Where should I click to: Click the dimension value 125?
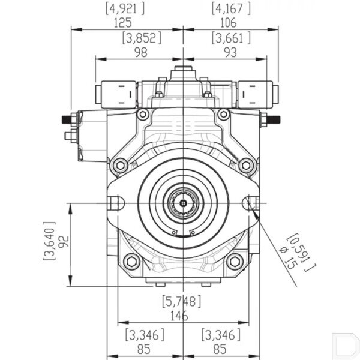click(x=123, y=23)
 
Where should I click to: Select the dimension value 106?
click(x=229, y=23)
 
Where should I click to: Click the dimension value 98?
click(x=141, y=53)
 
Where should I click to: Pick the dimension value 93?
click(x=230, y=53)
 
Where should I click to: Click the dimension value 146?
click(x=179, y=316)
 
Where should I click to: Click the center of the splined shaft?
click(x=183, y=203)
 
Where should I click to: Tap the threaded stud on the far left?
click(x=67, y=119)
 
